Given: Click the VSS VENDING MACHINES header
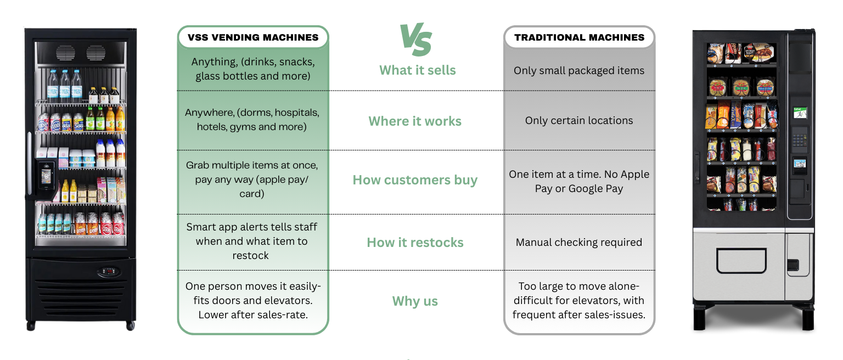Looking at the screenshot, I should pos(253,38).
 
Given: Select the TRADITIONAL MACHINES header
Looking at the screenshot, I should pos(579,38).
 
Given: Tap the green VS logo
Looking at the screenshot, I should pos(415,40).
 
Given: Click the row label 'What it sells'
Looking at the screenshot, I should pos(417,70).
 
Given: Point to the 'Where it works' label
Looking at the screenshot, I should pos(415,121).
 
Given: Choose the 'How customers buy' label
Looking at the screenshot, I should pos(415,181).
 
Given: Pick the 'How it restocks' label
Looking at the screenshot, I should pos(415,243).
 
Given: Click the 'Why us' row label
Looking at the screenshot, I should pos(415,301).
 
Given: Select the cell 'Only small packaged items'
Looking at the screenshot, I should pos(579,71).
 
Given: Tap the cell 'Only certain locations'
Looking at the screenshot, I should pos(579,121).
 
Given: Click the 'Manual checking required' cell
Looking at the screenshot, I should pos(579,243).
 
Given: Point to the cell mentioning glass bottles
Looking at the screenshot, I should pos(253,69).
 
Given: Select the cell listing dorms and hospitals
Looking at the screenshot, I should pos(252,120).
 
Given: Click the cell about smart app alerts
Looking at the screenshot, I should pos(251,241).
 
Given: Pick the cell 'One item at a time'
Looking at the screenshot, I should pos(579,181).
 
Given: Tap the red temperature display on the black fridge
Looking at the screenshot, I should pos(108,272).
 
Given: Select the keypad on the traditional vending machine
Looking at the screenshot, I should pos(800,137).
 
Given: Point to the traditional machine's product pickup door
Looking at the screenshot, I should pos(741,261).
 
